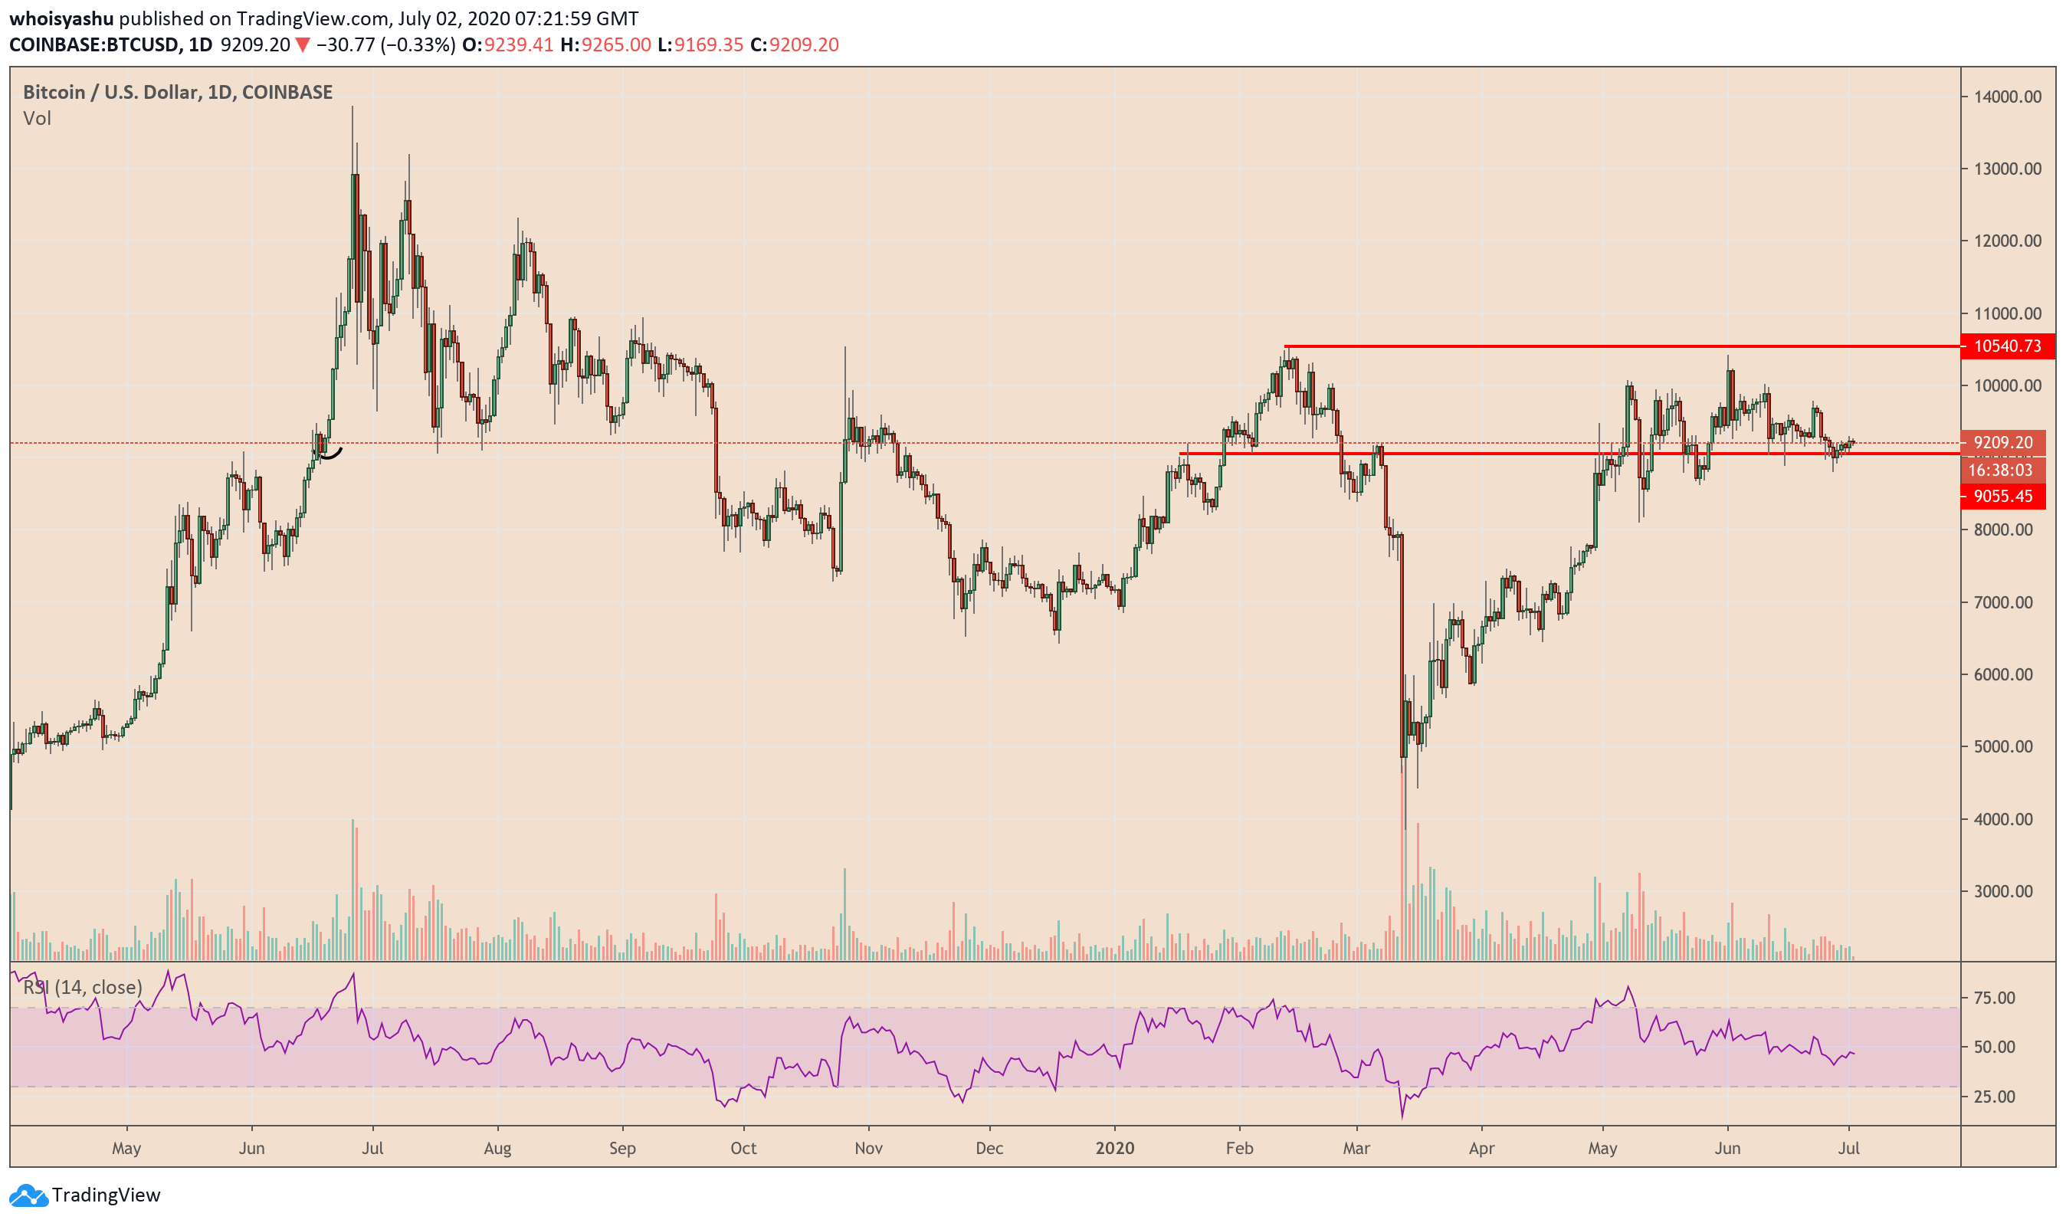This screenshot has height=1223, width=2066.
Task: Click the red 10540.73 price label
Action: [2007, 346]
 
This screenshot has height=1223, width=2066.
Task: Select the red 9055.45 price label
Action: [2002, 496]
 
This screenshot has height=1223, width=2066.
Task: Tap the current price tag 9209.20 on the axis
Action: [2002, 443]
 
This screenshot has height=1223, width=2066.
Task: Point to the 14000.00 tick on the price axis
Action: [2007, 97]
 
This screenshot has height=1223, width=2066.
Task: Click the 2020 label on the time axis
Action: [1114, 1148]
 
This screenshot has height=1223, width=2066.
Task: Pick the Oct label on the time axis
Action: [743, 1148]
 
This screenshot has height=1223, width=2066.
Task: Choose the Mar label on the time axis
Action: [1356, 1148]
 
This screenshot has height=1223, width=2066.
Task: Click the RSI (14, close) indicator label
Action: [83, 986]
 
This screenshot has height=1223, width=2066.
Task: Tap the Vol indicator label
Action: [37, 119]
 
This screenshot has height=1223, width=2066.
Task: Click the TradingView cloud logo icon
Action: [28, 1195]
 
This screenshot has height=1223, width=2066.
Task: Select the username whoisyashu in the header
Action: [61, 18]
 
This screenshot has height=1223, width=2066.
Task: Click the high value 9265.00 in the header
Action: [615, 44]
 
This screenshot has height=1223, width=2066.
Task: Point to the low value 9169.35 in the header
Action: [708, 44]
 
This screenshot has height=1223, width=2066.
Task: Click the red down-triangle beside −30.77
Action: [303, 45]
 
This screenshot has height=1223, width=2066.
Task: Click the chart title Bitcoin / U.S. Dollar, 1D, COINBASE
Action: [177, 92]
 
